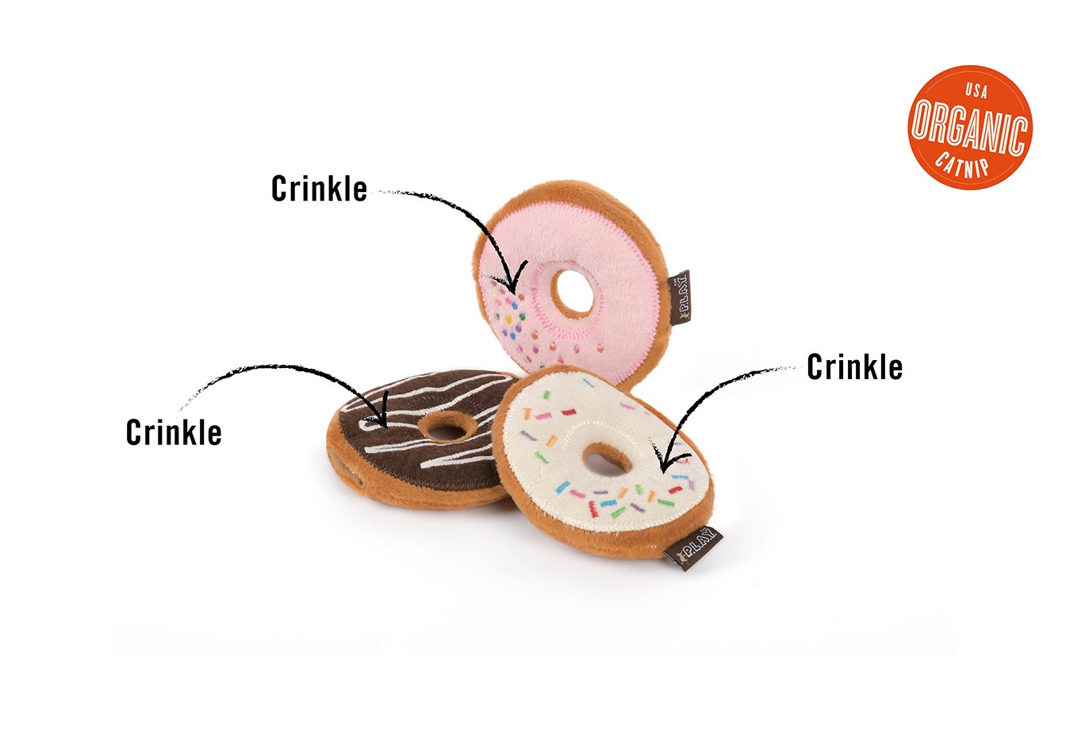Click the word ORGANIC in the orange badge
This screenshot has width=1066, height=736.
coord(969,127)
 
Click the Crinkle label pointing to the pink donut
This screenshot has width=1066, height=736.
coord(319,189)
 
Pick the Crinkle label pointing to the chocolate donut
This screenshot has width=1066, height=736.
coord(174,432)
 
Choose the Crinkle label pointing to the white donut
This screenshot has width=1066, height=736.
coord(854,367)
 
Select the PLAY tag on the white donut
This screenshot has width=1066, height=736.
coord(693,547)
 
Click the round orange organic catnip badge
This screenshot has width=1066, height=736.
coord(969,128)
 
